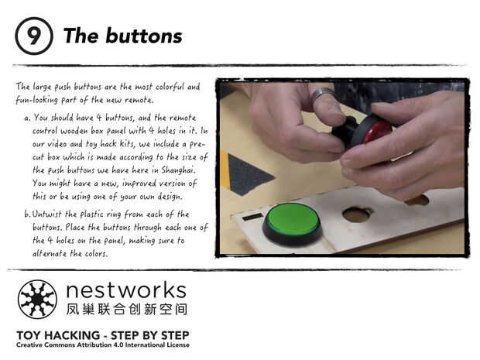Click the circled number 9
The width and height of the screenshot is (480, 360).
(33, 36)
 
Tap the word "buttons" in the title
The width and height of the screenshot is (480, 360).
(144, 36)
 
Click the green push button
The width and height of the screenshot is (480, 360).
(293, 224)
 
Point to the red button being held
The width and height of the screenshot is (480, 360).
(375, 132)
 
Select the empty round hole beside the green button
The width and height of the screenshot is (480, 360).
(357, 214)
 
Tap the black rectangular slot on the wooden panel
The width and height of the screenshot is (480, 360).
(252, 217)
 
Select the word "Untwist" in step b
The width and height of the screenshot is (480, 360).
(46, 214)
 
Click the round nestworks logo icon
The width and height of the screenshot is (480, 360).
(37, 300)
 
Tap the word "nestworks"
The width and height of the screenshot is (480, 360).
(126, 290)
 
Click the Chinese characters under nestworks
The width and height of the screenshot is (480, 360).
(127, 309)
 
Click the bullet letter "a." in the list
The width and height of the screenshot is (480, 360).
(27, 118)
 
